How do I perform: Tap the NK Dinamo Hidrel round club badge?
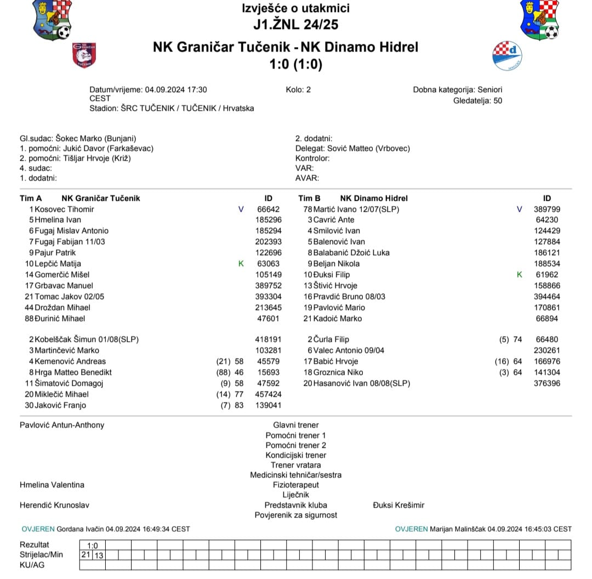(507, 55)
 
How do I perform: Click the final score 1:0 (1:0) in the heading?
(296, 64)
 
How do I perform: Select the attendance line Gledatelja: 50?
(477, 100)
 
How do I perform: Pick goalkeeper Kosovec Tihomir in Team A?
(64, 209)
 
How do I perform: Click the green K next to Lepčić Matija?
(241, 263)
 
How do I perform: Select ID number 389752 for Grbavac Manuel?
(268, 285)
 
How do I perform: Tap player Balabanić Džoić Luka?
(351, 252)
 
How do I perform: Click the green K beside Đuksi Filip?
(520, 274)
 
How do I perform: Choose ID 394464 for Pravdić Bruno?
(547, 296)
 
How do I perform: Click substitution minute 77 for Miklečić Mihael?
(239, 394)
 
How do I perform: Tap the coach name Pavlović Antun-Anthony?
(62, 425)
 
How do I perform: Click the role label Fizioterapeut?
(296, 485)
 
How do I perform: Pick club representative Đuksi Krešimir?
(399, 505)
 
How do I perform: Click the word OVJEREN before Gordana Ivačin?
(38, 529)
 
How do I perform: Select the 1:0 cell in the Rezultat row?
(93, 545)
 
